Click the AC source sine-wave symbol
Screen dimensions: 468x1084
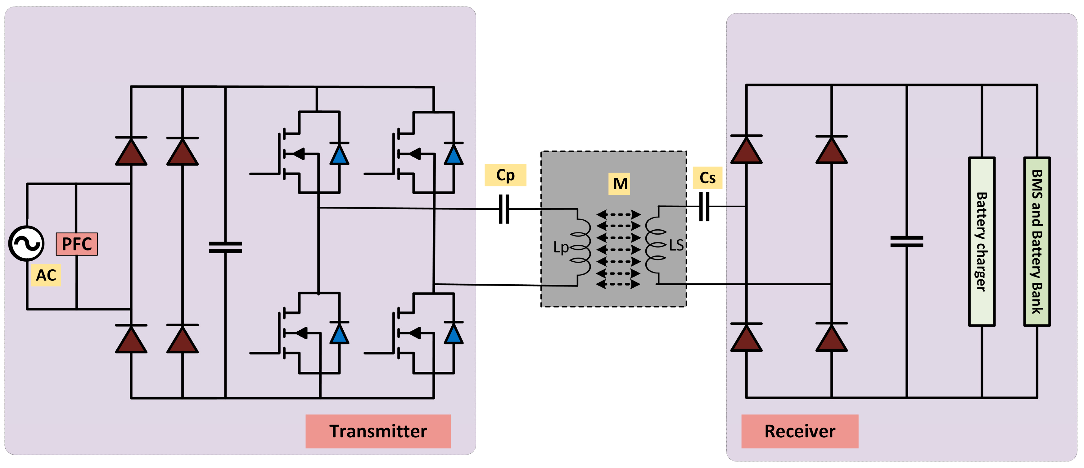click(x=26, y=243)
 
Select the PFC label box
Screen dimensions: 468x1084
click(x=77, y=244)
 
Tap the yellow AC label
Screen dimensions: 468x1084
click(x=46, y=275)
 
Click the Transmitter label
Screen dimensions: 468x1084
click(x=377, y=431)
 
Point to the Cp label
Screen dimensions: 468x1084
click(x=505, y=175)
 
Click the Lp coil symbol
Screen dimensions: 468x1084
click(x=581, y=248)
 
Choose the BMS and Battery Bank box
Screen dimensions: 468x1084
click(x=1037, y=241)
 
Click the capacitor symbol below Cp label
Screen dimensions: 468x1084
click(x=504, y=209)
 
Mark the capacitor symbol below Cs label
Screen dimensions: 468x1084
click(x=704, y=206)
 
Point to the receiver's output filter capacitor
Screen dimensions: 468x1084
click(x=906, y=241)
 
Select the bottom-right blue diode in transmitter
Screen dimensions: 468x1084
click(x=453, y=334)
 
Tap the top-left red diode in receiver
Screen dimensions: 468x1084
click(x=746, y=150)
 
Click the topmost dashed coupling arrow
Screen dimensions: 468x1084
click(x=618, y=214)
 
